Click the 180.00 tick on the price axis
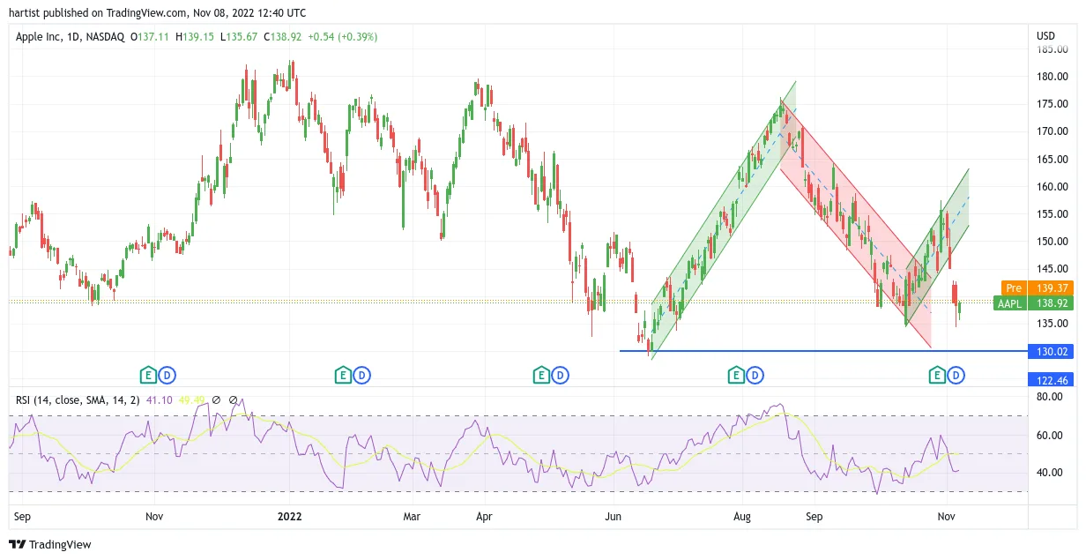tap(1053, 77)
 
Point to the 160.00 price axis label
tap(1053, 187)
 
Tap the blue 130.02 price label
tap(1051, 352)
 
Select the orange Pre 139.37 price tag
tap(1037, 288)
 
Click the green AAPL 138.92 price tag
tap(1033, 303)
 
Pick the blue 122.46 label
tap(1051, 380)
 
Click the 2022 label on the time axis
tap(289, 517)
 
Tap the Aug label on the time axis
tap(742, 517)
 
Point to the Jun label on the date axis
tap(613, 517)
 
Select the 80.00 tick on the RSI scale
tap(1050, 397)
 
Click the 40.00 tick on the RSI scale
tap(1050, 472)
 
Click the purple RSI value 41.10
tap(159, 400)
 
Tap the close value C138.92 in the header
tap(282, 37)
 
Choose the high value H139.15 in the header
tap(195, 37)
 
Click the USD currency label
tap(1045, 36)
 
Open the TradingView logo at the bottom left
tap(50, 544)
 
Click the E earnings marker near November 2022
tap(937, 376)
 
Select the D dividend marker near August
tap(755, 376)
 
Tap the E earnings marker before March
tap(343, 376)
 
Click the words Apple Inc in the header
tap(38, 37)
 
